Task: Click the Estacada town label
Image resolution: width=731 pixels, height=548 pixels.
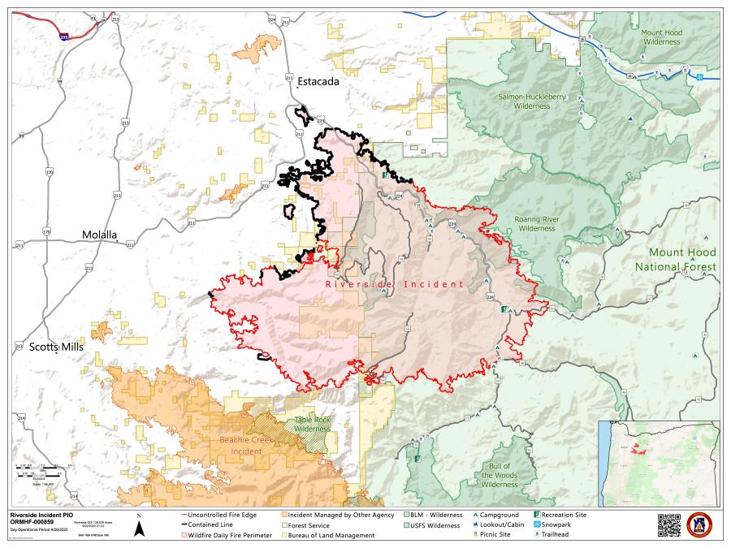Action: [317, 82]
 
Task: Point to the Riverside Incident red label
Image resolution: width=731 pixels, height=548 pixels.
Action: [394, 284]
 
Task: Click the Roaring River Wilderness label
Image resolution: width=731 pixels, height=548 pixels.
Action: [535, 223]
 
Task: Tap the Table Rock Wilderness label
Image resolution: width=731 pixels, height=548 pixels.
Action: [312, 424]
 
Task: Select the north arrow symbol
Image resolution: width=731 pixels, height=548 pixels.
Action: [139, 529]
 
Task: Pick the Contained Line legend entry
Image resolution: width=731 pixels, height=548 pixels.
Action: [213, 524]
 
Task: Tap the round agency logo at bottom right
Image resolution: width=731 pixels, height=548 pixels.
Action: [699, 524]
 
